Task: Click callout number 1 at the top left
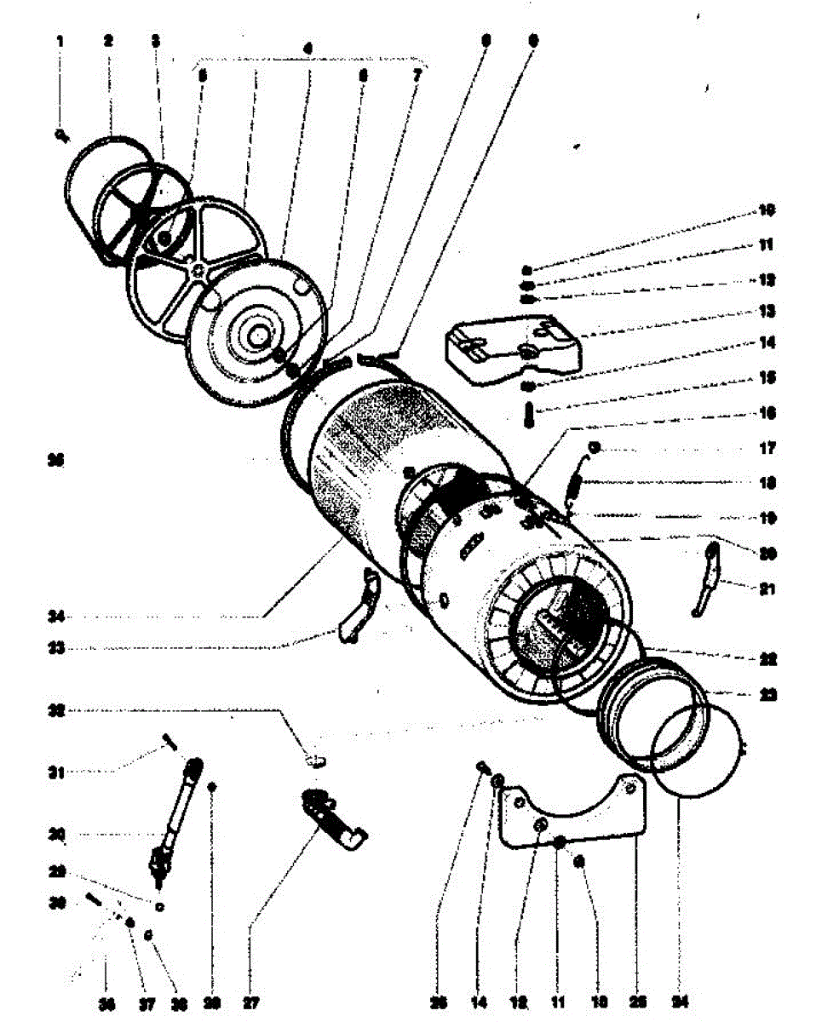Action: coord(60,40)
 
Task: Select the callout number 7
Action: coord(417,75)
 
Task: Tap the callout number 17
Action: coord(767,446)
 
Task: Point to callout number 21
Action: coord(767,588)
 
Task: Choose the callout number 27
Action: coord(250,1003)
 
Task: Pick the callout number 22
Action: coord(767,659)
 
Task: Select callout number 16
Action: coord(767,413)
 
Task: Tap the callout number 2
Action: coord(109,40)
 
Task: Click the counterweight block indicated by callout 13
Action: coord(510,345)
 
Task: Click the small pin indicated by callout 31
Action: coord(168,742)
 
